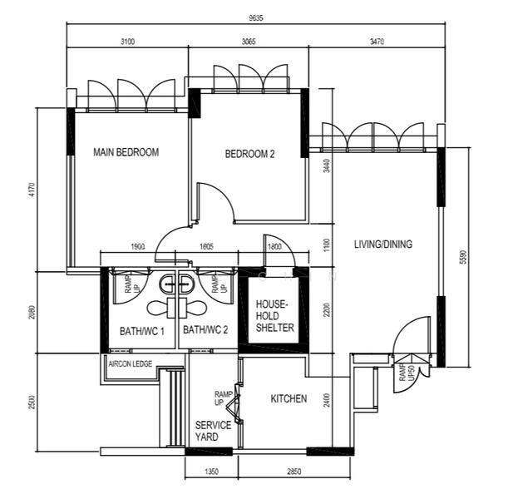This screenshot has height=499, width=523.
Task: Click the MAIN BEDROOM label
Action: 126,152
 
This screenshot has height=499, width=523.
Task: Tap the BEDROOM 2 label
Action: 249,154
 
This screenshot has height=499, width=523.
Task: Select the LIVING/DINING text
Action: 382,245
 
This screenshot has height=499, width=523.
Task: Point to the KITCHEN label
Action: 289,399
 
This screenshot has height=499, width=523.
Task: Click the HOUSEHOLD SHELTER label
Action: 274,316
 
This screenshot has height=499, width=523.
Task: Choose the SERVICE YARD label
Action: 213,431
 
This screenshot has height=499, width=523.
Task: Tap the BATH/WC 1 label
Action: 141,331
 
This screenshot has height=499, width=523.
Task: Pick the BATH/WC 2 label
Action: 205,331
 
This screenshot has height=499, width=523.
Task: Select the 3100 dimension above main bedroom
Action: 127,41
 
